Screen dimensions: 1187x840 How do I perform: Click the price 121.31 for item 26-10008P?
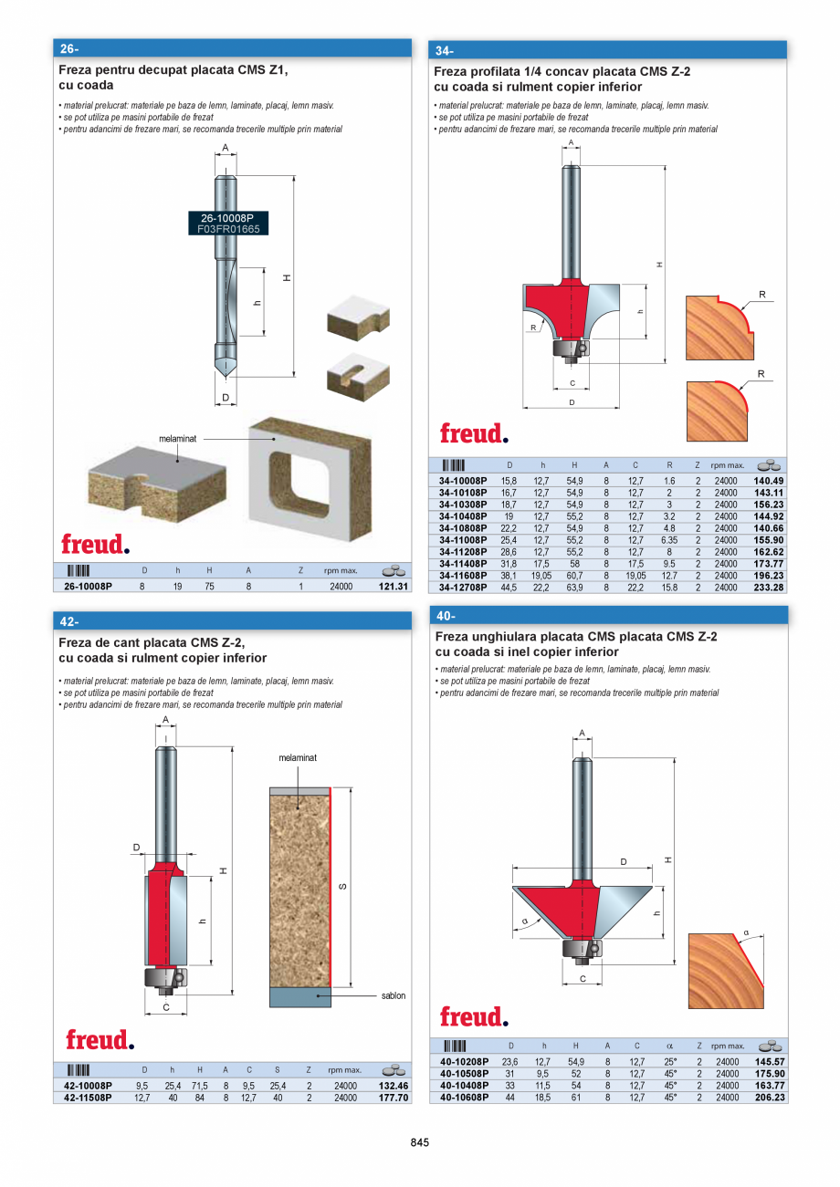(x=394, y=587)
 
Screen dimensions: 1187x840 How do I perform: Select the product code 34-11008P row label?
(x=463, y=540)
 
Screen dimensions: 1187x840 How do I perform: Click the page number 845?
(x=420, y=1142)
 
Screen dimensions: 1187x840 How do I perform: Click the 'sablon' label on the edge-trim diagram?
(x=394, y=995)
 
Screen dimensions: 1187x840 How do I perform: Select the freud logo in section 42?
(x=100, y=1040)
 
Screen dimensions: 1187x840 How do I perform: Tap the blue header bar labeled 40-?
(x=608, y=616)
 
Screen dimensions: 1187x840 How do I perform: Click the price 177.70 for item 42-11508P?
(x=394, y=1098)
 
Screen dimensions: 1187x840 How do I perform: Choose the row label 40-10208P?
(x=464, y=1062)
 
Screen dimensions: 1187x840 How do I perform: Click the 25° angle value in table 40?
(x=669, y=1062)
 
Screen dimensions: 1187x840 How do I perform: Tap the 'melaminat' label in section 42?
(x=298, y=758)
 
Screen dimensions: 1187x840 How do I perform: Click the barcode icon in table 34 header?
(x=454, y=465)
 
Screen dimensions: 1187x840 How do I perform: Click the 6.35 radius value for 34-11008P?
(x=669, y=540)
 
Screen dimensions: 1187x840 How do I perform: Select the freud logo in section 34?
(x=474, y=432)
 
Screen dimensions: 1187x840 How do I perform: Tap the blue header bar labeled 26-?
(x=233, y=48)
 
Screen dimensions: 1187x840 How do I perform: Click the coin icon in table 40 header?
(x=769, y=1046)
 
